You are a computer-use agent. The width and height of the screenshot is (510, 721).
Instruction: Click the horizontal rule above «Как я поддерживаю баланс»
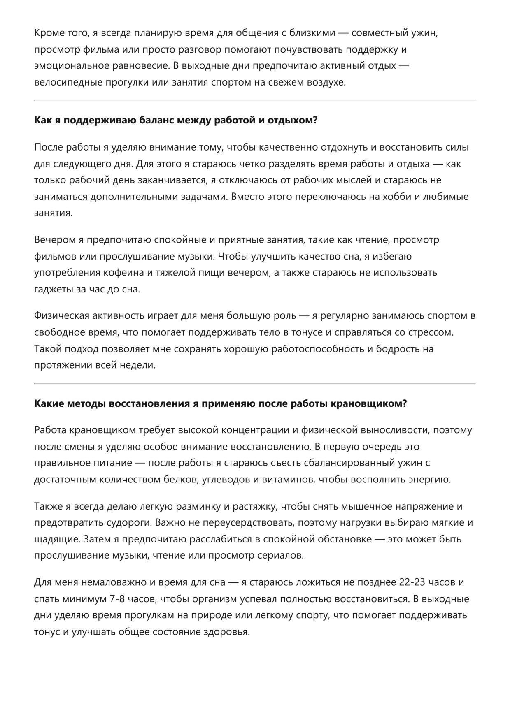255,100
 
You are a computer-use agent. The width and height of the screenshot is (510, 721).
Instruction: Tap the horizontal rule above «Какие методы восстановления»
255,383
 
